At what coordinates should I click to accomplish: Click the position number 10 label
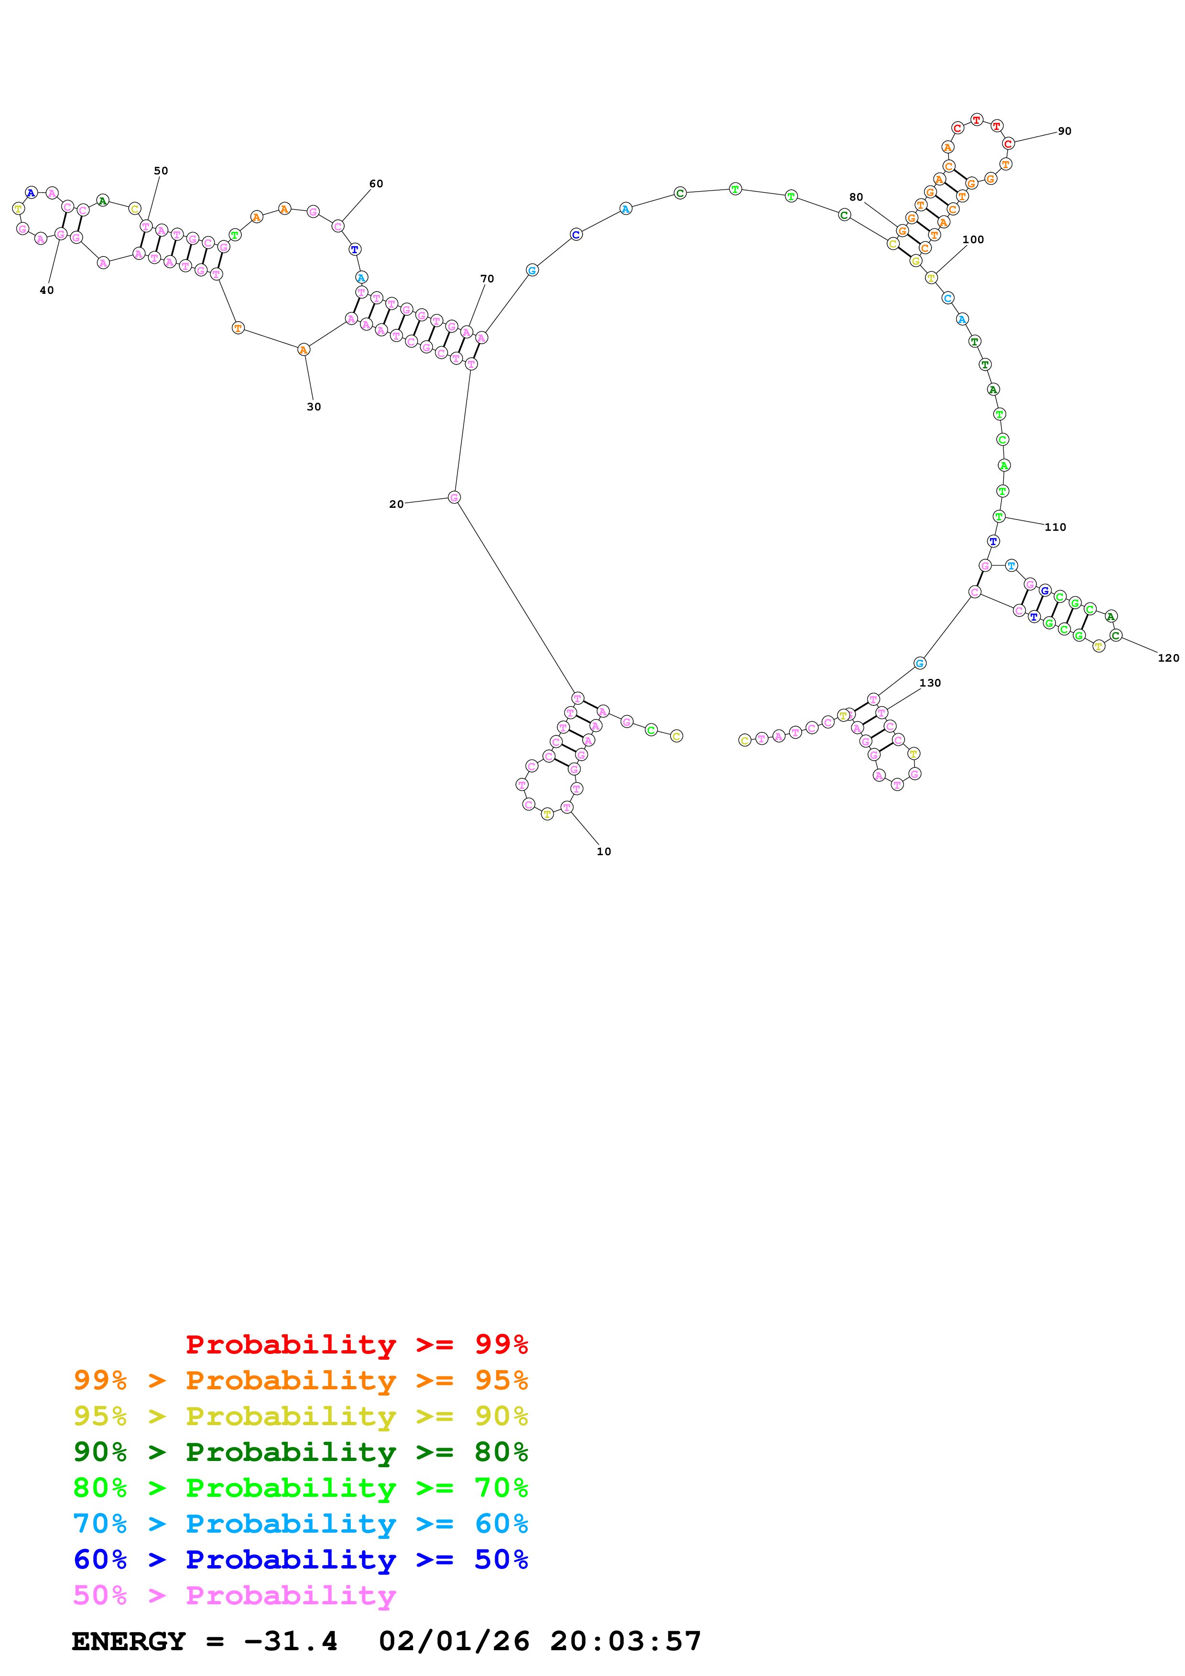pyautogui.click(x=603, y=851)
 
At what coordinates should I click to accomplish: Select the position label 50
pyautogui.click(x=161, y=171)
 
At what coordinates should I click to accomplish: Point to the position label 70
pyautogui.click(x=487, y=279)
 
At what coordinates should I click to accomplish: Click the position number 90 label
pyautogui.click(x=1065, y=131)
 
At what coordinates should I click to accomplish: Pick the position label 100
pyautogui.click(x=973, y=239)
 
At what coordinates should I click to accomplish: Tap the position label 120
pyautogui.click(x=1168, y=658)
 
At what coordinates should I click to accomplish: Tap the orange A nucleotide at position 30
pyautogui.click(x=304, y=350)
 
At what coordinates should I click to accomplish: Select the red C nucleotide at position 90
pyautogui.click(x=1008, y=144)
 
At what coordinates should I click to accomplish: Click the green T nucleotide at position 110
pyautogui.click(x=999, y=517)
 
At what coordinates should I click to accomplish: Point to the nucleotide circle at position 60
pyautogui.click(x=338, y=226)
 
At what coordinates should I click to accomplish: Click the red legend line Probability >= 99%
pyautogui.click(x=356, y=1344)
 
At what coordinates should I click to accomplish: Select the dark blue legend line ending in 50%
pyautogui.click(x=300, y=1559)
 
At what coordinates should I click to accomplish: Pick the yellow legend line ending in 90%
pyautogui.click(x=300, y=1416)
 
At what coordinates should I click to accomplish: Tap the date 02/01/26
pyautogui.click(x=454, y=1641)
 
